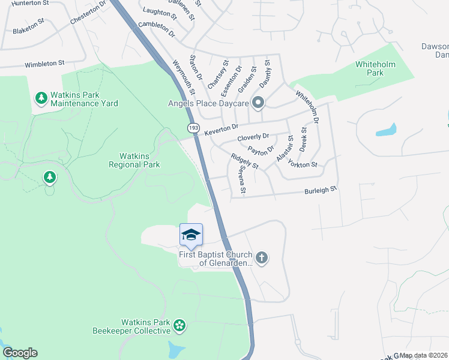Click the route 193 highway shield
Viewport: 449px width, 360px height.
pos(193,128)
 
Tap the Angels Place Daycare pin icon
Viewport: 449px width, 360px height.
pos(259,103)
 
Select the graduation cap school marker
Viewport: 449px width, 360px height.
pos(191,234)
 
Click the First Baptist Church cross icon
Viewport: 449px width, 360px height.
pos(261,258)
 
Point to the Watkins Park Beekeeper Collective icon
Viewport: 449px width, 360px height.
pos(178,326)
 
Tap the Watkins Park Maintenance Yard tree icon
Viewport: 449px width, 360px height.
pos(41,98)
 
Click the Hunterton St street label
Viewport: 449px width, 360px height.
pos(30,4)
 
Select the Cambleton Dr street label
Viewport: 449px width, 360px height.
pos(156,28)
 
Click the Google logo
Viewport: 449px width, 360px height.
pos(20,353)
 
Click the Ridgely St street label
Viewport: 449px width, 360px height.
pos(244,161)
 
